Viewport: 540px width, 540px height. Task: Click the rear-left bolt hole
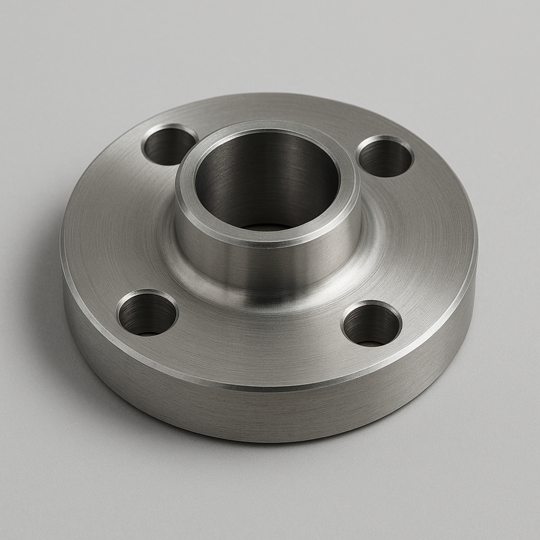click(170, 145)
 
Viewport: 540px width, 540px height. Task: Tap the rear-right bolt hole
click(385, 157)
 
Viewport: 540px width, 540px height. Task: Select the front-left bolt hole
click(147, 314)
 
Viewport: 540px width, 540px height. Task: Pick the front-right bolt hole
click(372, 324)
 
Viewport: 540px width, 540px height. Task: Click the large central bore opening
click(266, 178)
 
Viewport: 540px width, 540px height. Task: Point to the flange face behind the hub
click(281, 111)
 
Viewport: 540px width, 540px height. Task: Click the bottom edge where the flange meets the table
click(270, 440)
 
